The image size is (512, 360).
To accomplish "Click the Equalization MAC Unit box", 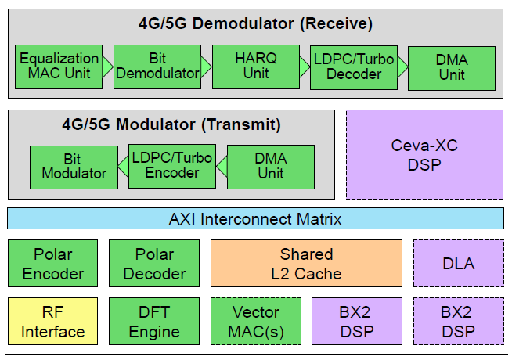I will tap(59, 67).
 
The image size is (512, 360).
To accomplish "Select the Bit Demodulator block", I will tap(157, 67).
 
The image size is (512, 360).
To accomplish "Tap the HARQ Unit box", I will tap(255, 67).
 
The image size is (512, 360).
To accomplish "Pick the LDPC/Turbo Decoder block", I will tap(353, 67).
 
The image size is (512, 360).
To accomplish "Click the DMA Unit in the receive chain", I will tap(452, 67).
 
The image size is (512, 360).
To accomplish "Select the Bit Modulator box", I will tap(74, 166).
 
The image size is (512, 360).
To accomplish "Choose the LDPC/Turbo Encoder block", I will tap(171, 166).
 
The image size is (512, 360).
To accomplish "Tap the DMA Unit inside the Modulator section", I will tap(271, 166).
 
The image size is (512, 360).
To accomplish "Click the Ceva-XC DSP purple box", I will tap(425, 154).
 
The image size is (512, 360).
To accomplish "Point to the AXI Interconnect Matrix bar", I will tap(255, 219).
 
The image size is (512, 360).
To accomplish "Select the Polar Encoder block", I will tap(53, 264).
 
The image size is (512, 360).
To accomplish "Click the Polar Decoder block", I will tap(154, 264).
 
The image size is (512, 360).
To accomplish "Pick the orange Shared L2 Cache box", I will tap(306, 264).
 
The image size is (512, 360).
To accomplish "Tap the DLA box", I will tap(459, 264).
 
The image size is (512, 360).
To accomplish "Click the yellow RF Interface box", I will tap(53, 322).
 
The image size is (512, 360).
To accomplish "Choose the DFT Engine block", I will tap(154, 322).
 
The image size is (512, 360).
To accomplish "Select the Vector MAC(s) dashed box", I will tap(255, 322).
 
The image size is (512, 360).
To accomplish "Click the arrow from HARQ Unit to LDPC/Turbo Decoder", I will tap(305, 67).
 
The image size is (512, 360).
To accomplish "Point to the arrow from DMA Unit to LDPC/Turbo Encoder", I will tap(221, 166).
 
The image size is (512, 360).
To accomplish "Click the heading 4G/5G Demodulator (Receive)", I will tap(255, 23).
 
